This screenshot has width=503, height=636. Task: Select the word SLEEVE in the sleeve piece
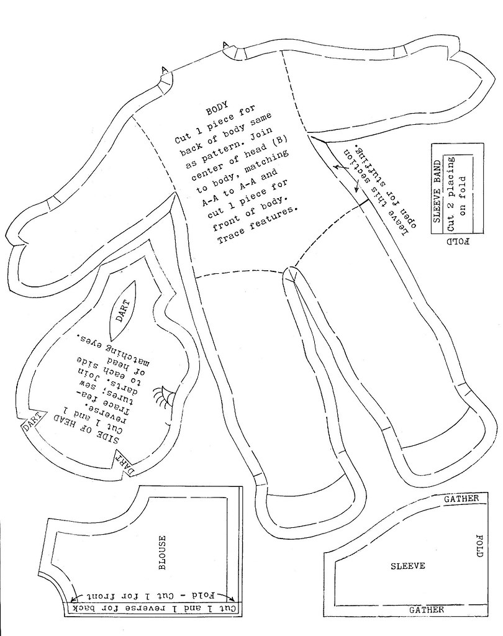tap(408, 565)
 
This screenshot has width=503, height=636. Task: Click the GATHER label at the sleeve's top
tap(461, 499)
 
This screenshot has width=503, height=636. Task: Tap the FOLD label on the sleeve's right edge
tap(479, 545)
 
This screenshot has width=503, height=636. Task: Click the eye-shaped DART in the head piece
tap(123, 311)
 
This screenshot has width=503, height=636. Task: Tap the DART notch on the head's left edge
tap(31, 422)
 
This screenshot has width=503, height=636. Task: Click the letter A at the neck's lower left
tap(165, 70)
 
